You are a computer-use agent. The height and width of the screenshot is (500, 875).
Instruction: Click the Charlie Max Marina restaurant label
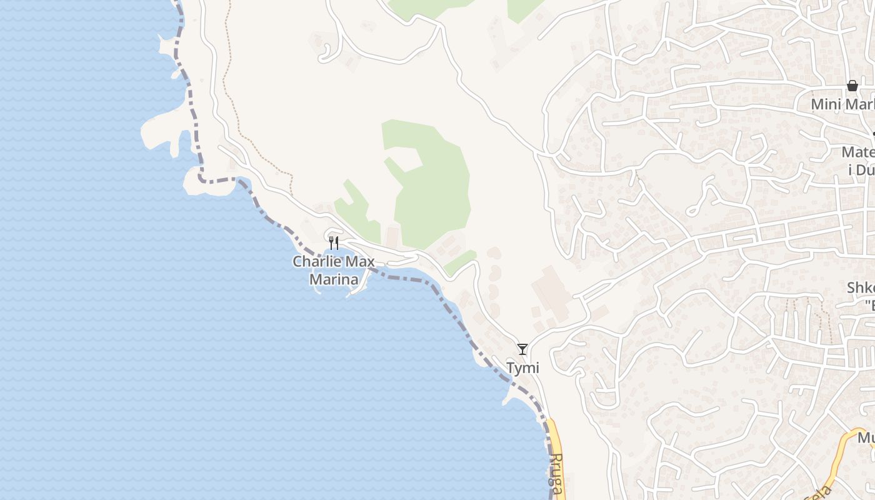[334, 270]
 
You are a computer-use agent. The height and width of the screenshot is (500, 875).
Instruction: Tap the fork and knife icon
[334, 242]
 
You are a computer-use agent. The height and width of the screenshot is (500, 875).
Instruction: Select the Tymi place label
[522, 368]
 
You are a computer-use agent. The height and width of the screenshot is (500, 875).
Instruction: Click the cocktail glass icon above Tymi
[522, 349]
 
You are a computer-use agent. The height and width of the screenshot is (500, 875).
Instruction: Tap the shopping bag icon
[852, 86]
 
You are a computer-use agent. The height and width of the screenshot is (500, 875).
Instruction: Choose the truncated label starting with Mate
[857, 160]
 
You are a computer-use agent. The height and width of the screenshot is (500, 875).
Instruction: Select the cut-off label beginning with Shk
[860, 296]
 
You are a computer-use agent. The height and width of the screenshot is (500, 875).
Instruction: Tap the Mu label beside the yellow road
[866, 437]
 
